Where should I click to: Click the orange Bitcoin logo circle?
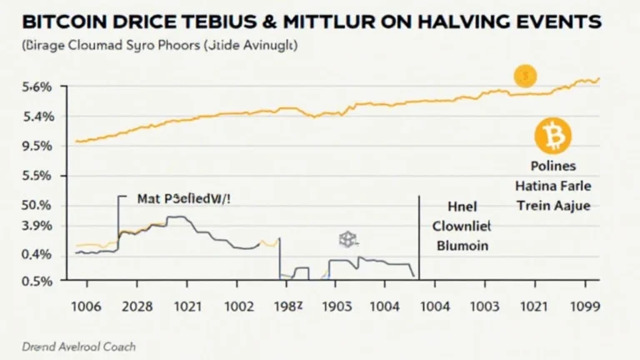coord(550,134)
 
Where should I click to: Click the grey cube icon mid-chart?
coord(347,240)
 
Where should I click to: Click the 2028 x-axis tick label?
coord(138,307)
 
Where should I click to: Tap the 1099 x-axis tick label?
coord(582,307)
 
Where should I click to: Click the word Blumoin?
coord(463,246)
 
